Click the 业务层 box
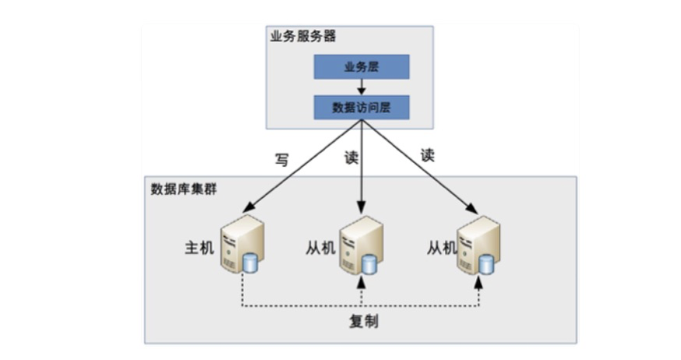(x=361, y=66)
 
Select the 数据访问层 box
(x=361, y=108)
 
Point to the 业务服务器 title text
(x=304, y=37)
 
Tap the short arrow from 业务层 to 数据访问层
(x=361, y=86)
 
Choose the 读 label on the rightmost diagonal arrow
(x=427, y=154)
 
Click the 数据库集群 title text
(x=184, y=189)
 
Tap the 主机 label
(x=199, y=248)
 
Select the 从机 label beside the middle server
(x=320, y=248)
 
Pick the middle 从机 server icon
(x=361, y=245)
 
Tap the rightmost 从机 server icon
(x=478, y=245)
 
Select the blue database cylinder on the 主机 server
(x=250, y=263)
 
